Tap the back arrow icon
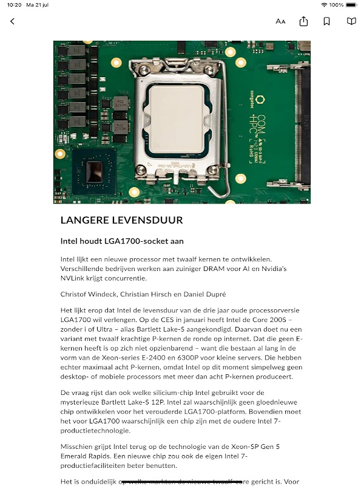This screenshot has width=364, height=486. (12, 21)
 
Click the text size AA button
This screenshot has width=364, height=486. (280, 21)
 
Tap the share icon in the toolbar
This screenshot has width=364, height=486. (303, 21)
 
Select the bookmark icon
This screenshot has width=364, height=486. (326, 21)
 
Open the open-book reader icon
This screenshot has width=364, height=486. (351, 21)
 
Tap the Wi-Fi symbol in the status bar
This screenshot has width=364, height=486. (325, 4)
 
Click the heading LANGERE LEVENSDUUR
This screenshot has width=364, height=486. (121, 220)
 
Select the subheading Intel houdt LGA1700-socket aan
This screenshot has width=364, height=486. (122, 241)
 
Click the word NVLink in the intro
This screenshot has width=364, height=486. (74, 278)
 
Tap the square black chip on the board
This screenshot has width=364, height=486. (94, 172)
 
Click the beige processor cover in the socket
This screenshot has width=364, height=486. (177, 119)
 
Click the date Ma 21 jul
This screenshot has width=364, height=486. (39, 4)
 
